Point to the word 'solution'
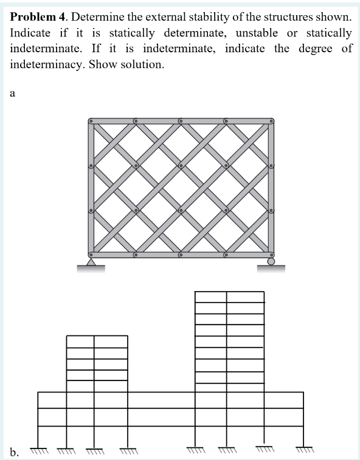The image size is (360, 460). [142, 64]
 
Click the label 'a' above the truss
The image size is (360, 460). [13, 94]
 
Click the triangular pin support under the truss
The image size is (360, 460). [91, 262]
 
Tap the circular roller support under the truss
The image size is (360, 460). [271, 262]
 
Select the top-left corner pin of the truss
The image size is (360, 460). [91, 122]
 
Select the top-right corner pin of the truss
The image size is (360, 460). [271, 122]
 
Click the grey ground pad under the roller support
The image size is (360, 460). [271, 269]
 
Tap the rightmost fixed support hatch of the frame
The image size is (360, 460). [303, 450]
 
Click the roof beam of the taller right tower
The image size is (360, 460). [229, 292]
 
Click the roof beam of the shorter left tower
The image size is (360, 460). [97, 335]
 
